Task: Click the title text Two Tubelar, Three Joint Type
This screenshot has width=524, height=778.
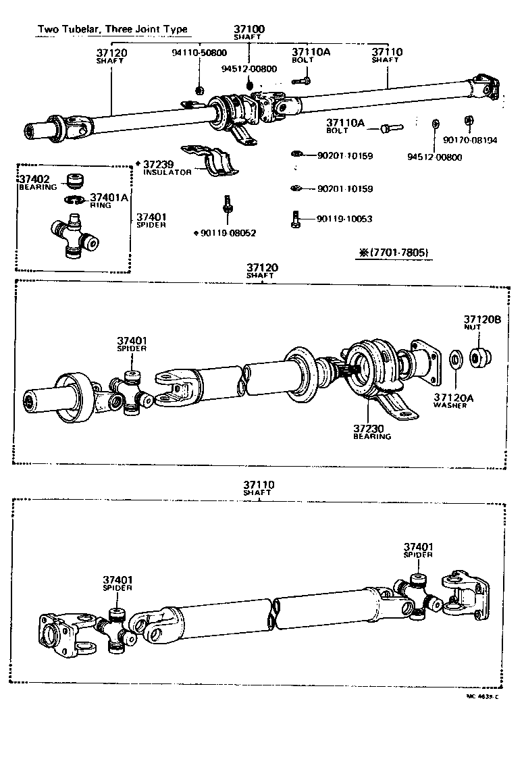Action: point(112,30)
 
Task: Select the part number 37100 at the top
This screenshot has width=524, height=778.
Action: point(249,29)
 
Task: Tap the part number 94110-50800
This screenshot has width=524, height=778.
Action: point(199,52)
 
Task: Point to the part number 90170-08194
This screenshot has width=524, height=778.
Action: point(470,140)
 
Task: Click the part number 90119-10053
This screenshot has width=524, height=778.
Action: point(344,219)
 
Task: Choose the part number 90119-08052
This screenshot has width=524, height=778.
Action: point(228,233)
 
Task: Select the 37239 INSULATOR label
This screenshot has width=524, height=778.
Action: point(167,167)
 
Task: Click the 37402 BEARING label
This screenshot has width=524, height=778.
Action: point(37,182)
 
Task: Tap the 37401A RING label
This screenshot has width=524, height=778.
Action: point(107,200)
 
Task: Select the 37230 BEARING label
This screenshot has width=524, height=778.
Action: point(371,432)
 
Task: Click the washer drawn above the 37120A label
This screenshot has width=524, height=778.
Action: point(455,359)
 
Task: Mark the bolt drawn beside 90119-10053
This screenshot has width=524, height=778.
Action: point(296,218)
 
